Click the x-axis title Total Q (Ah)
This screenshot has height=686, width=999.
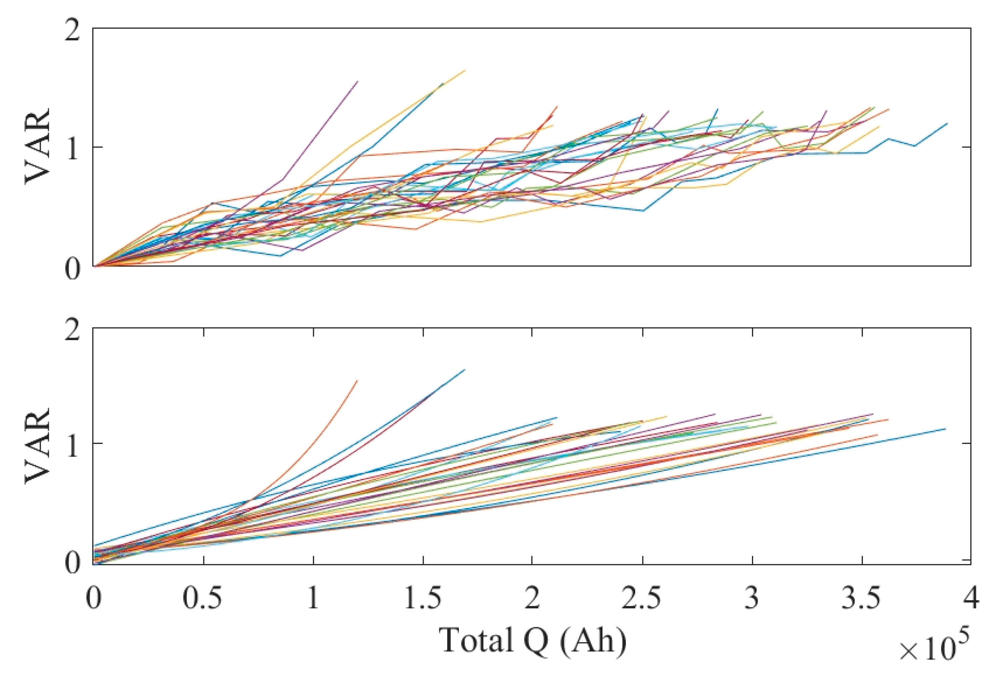[x=533, y=640]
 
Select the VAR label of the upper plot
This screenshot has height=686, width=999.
[x=38, y=146]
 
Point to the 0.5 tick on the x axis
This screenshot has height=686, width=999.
[x=203, y=599]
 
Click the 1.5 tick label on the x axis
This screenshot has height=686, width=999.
[x=423, y=599]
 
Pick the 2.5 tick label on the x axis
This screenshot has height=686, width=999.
[x=642, y=599]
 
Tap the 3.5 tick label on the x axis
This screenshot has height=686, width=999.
[x=862, y=599]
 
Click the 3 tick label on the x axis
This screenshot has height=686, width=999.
[x=752, y=599]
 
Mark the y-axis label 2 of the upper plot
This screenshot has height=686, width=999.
[x=72, y=31]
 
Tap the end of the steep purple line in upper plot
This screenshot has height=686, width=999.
[x=358, y=81]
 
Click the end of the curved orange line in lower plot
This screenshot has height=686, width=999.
[x=357, y=380]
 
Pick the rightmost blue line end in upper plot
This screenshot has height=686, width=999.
[x=947, y=124]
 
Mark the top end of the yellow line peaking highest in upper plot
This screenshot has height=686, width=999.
[x=465, y=70]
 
